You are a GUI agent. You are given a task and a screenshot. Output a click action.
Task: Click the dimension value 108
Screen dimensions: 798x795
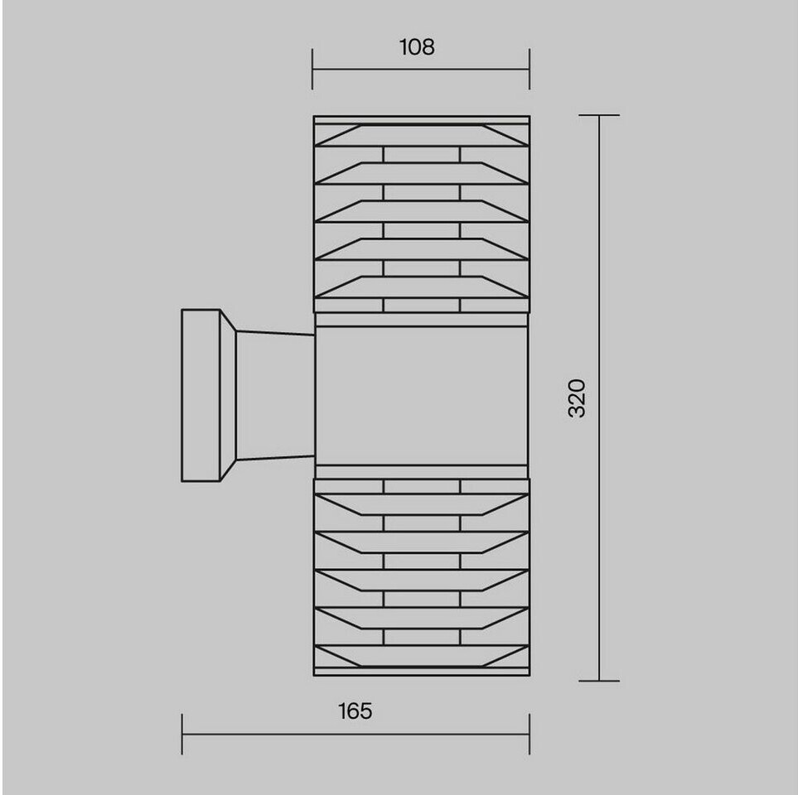point(417,47)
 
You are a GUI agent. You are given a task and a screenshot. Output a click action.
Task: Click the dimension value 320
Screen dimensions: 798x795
point(577,398)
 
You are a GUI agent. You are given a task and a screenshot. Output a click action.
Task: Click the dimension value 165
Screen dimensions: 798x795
point(355,711)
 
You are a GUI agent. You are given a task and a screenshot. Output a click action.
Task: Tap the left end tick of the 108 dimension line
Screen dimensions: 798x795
point(312,70)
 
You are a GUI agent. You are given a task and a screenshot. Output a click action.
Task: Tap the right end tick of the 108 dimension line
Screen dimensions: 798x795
point(530,70)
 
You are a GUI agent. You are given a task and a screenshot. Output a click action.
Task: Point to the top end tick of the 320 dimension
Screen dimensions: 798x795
point(599,115)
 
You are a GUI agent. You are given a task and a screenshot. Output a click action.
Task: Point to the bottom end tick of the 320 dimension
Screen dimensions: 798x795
point(599,681)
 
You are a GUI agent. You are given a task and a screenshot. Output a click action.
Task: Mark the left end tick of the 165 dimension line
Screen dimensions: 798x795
point(182,734)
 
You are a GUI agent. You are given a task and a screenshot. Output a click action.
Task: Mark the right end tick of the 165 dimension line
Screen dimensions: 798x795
point(530,734)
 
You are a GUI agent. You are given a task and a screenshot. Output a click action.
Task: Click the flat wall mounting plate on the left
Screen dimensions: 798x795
point(201,395)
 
